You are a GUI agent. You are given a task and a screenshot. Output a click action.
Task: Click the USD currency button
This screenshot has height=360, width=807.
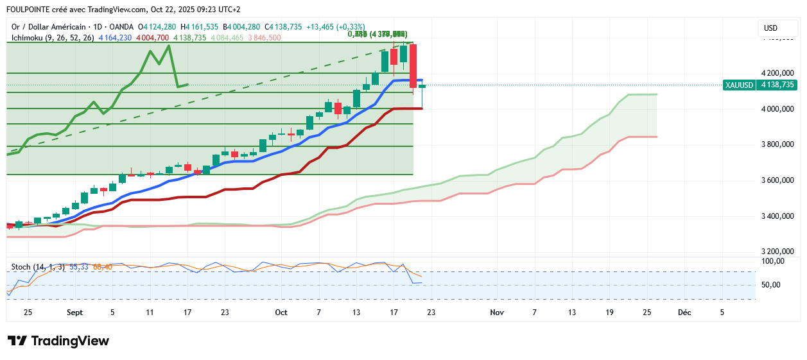pyautogui.click(x=771, y=28)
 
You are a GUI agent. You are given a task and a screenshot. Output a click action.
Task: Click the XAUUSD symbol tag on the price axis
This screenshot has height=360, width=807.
pyautogui.click(x=738, y=85)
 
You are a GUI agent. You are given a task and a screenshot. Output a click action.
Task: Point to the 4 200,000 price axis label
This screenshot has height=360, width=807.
pyautogui.click(x=776, y=73)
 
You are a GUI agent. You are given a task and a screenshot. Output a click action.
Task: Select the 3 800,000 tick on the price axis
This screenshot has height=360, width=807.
pyautogui.click(x=776, y=144)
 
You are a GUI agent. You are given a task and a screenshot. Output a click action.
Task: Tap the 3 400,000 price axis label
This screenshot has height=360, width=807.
pyautogui.click(x=776, y=216)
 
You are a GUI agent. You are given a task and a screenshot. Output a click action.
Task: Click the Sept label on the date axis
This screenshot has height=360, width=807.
pyautogui.click(x=74, y=313)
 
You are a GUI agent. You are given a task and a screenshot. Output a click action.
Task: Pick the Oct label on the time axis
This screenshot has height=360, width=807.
pyautogui.click(x=281, y=313)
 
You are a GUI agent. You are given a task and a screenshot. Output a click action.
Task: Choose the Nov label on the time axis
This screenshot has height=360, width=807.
pyautogui.click(x=496, y=313)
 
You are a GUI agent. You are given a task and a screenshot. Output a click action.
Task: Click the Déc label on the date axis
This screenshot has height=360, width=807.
pyautogui.click(x=685, y=313)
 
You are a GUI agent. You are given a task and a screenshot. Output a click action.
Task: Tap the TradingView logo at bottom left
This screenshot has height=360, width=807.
pyautogui.click(x=58, y=341)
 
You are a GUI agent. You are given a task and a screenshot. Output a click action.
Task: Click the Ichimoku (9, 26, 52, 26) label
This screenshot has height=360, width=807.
pyautogui.click(x=53, y=38)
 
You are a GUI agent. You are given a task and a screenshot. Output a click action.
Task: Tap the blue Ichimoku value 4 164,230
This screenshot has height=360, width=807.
pyautogui.click(x=115, y=38)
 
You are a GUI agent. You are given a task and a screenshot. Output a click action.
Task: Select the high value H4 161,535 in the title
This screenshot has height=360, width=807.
pyautogui.click(x=200, y=27)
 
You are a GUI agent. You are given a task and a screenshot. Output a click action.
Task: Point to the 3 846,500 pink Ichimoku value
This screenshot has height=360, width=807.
pyautogui.click(x=264, y=38)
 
